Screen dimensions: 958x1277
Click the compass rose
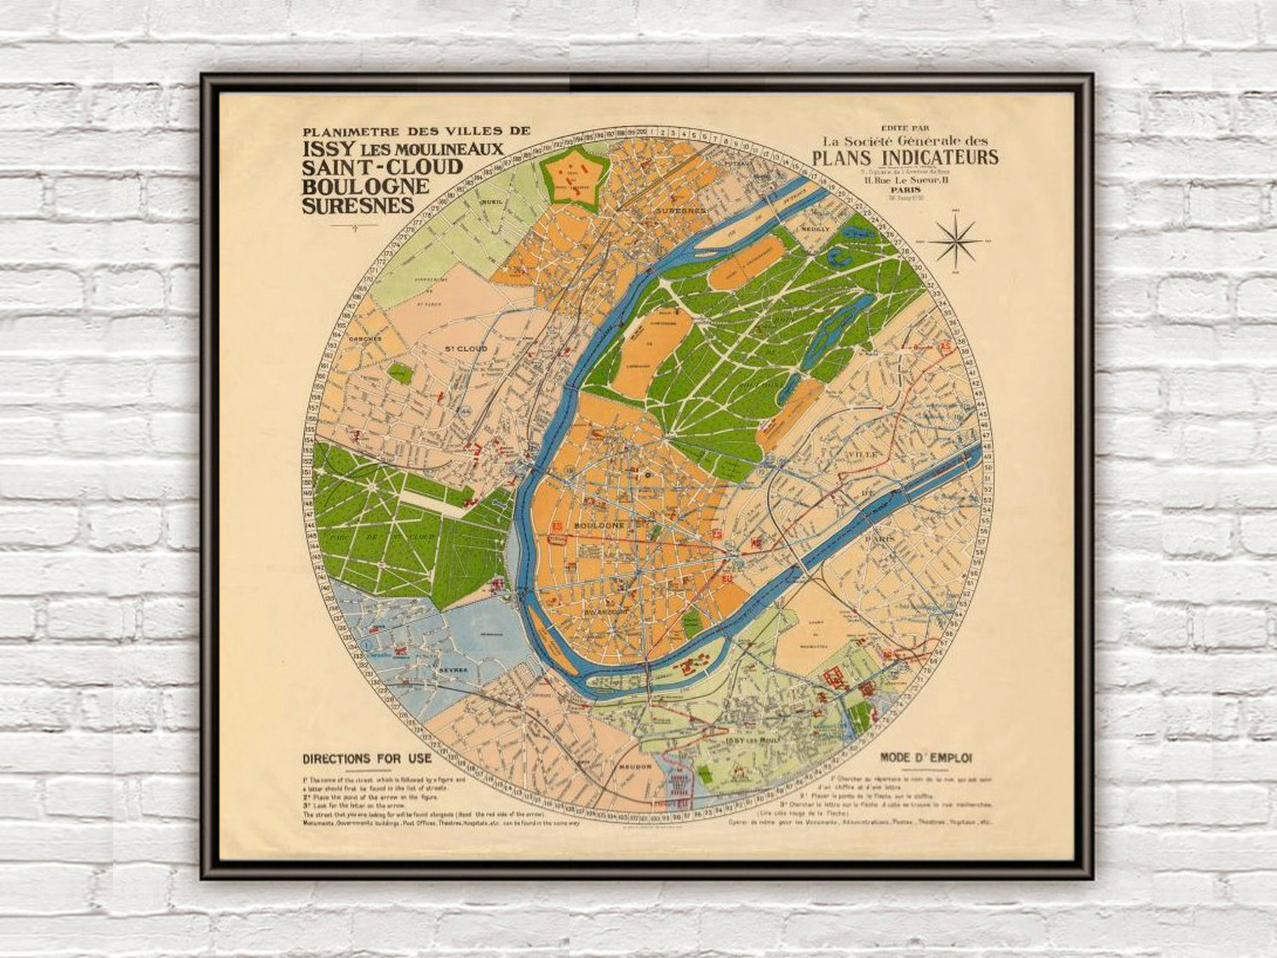click(x=956, y=240)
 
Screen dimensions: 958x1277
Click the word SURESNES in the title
click(x=358, y=205)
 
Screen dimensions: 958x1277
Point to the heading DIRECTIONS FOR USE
click(x=367, y=759)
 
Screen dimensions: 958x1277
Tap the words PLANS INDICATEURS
click(x=905, y=158)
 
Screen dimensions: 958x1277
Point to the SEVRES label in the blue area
click(x=454, y=670)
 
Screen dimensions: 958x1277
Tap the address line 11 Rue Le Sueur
click(x=905, y=181)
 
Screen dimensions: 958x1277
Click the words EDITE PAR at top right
click(x=904, y=129)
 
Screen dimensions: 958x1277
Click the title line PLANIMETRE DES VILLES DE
click(x=416, y=132)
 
